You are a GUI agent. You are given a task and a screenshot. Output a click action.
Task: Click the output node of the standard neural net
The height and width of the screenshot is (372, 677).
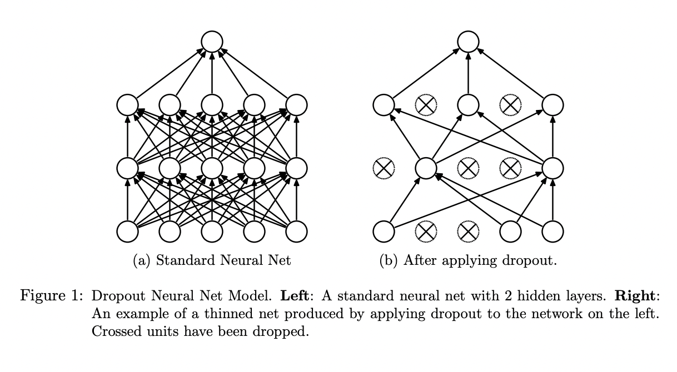coord(212,42)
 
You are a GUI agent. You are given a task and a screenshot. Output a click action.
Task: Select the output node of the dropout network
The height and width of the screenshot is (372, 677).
coord(468,42)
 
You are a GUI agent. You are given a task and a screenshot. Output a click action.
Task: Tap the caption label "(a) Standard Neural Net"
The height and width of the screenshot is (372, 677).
coord(212,260)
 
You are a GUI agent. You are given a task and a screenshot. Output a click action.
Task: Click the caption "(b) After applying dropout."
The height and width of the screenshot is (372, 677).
coord(468,260)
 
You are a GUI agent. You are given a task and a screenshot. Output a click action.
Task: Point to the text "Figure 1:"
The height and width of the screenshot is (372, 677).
coord(51,295)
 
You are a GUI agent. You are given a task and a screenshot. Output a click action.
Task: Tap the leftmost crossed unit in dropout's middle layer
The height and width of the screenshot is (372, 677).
coord(384,168)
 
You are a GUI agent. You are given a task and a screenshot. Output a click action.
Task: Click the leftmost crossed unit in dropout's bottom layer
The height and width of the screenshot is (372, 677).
coord(426,232)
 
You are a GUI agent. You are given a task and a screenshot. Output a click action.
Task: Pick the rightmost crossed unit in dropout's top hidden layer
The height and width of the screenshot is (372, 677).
coord(510,104)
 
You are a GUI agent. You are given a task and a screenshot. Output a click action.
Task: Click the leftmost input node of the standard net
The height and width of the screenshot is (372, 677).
coord(127,232)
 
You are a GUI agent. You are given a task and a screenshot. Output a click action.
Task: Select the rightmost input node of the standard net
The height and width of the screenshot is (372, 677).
coord(296,232)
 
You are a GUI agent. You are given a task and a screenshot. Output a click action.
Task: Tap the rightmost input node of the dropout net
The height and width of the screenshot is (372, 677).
coord(552,232)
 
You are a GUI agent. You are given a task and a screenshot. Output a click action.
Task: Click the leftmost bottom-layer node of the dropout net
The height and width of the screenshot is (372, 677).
coord(384,232)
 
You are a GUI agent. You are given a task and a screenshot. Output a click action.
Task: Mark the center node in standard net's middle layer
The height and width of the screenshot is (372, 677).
coord(212,168)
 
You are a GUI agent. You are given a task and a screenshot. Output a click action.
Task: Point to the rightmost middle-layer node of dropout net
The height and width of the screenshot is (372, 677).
coord(552,168)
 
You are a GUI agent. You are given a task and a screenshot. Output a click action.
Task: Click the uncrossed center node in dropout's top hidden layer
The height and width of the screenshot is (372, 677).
coord(468,104)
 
